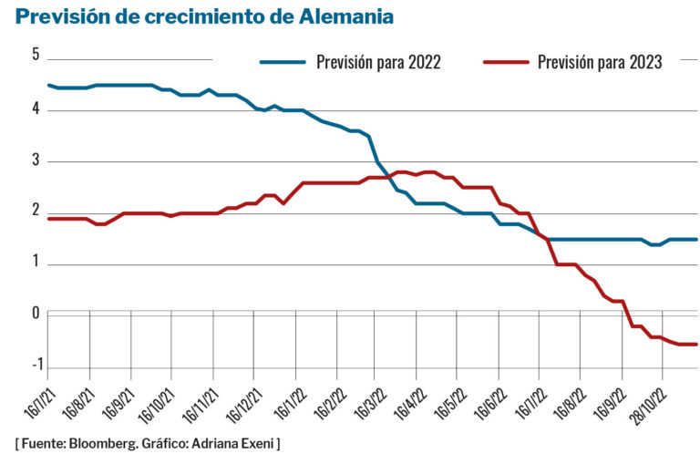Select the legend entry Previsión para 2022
378,63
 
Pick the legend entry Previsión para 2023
599,63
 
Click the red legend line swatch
505,63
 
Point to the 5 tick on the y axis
36,55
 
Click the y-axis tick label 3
36,161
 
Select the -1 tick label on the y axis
34,365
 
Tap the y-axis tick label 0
36,314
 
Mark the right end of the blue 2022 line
696,240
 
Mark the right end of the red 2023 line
696,344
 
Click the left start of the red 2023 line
47,219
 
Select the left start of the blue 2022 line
47,85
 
